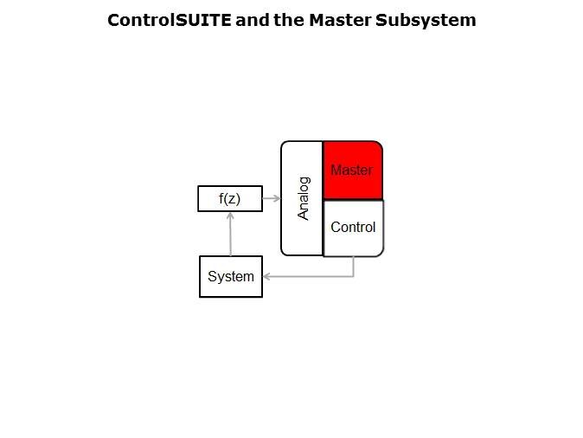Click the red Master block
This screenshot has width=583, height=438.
coord(352,171)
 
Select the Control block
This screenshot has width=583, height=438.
coord(353,229)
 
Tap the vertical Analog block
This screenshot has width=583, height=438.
coord(302,198)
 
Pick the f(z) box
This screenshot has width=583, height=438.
coord(230,199)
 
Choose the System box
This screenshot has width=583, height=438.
coord(231,276)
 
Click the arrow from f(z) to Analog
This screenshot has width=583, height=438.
coord(272,198)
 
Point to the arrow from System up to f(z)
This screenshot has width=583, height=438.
coord(231,234)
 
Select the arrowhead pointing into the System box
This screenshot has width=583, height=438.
coord(266,276)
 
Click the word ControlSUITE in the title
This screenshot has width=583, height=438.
coord(170,20)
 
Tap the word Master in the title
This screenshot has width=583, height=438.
coord(340,20)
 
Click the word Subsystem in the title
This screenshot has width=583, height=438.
coord(426,21)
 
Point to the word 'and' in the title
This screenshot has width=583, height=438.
coord(253,20)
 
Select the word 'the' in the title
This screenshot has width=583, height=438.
coord(289,20)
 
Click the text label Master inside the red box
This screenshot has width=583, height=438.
coord(352,170)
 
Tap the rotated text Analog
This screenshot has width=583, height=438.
coord(304,199)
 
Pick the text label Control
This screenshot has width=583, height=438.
coord(353,227)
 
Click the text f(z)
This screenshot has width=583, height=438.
coord(230,199)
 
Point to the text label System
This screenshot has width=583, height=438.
coord(231,276)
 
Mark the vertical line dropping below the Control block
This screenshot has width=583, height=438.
coord(353,267)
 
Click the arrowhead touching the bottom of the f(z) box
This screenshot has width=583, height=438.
coord(231,216)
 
